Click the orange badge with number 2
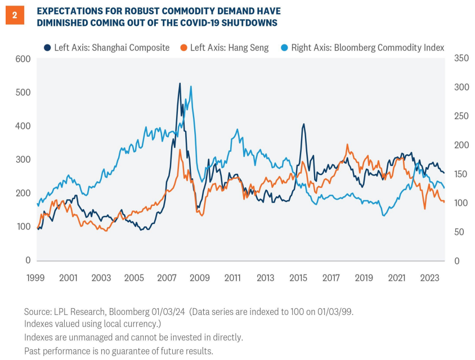pos(14,16)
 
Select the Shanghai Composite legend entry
pos(106,47)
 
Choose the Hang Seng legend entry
pos(224,47)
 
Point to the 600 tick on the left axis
pos(23,58)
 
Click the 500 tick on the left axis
pos(23,92)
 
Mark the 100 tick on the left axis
pos(23,227)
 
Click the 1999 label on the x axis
pos(35,277)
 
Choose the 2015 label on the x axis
pos(298,277)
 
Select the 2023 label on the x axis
pos(429,277)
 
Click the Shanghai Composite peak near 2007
pos(180,84)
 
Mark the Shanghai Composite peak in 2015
pos(303,124)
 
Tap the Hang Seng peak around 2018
pos(347,145)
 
